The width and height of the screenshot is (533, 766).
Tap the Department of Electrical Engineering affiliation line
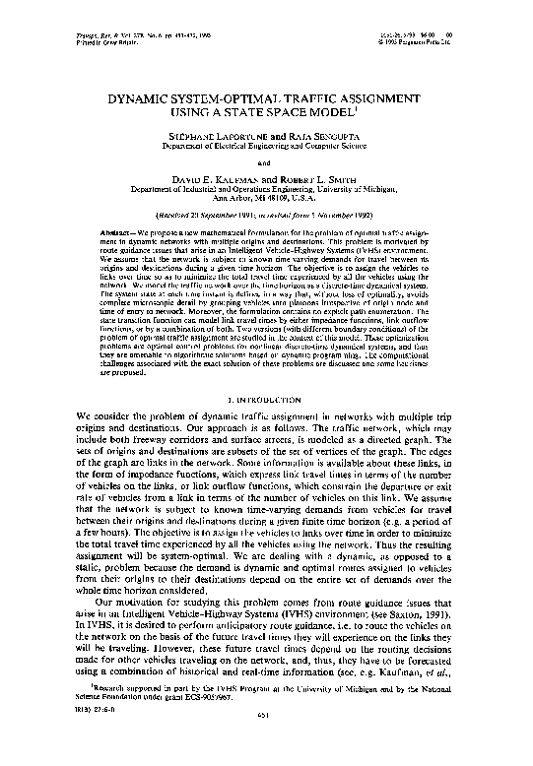[x=266, y=149]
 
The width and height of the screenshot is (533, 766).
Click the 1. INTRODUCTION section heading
[x=266, y=400]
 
